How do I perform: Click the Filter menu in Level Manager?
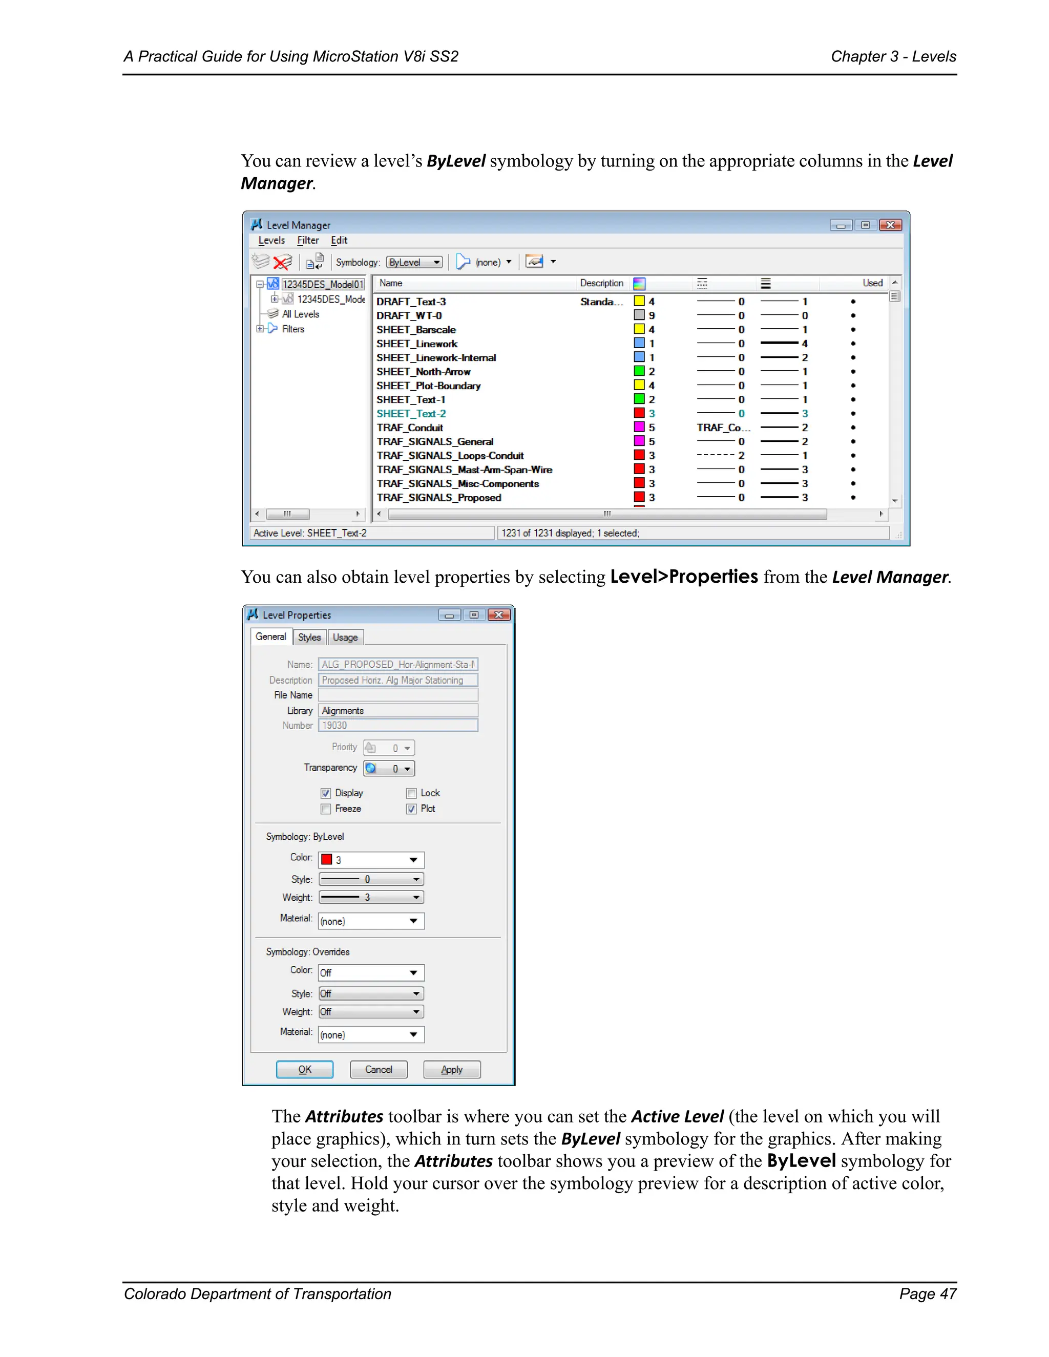(x=308, y=241)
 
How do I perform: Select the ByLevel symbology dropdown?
(x=414, y=262)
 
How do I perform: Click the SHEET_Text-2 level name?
(x=411, y=414)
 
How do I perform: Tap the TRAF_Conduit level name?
(x=410, y=428)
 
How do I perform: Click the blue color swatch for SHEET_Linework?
(x=639, y=344)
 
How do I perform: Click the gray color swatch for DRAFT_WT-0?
(x=639, y=315)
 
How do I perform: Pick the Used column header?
(x=872, y=283)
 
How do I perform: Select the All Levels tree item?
(x=300, y=314)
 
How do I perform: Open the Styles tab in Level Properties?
(x=309, y=638)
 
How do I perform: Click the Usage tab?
(x=345, y=638)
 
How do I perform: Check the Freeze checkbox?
(x=326, y=809)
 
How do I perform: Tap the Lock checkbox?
(x=411, y=793)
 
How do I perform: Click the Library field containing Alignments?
(x=397, y=711)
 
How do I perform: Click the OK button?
(x=305, y=1069)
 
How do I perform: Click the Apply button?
(x=452, y=1069)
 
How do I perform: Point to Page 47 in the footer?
(x=927, y=1294)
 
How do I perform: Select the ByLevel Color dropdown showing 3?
(x=371, y=860)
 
